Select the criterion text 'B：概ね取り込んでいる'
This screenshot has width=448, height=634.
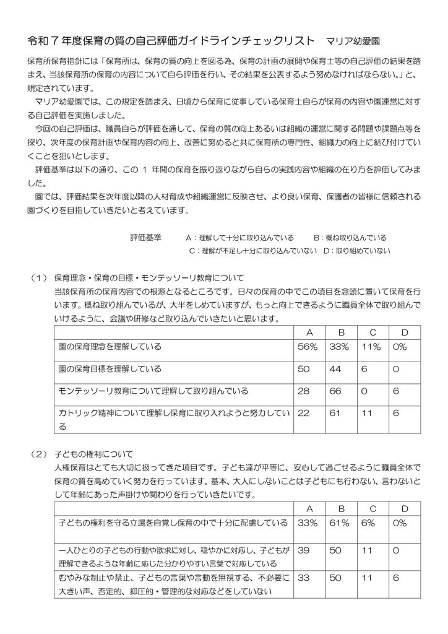pyautogui.click(x=350, y=237)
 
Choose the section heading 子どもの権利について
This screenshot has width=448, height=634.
pyautogui.click(x=93, y=454)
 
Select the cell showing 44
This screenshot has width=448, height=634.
pyautogui.click(x=340, y=369)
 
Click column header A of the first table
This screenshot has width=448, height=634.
pyautogui.click(x=308, y=332)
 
